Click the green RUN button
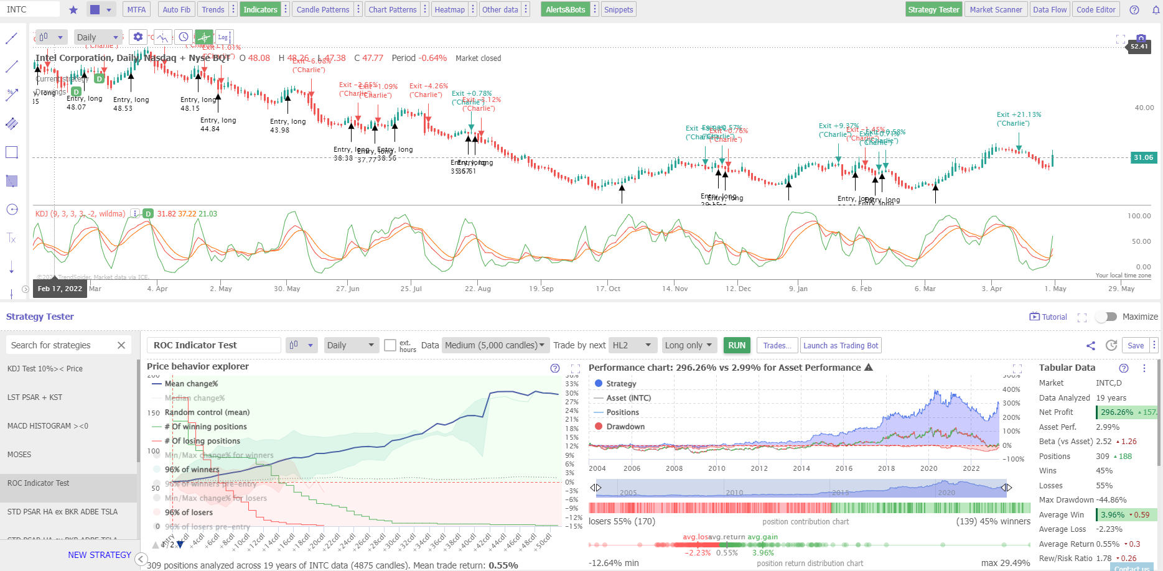point(737,345)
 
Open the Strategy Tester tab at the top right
point(933,9)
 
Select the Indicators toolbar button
point(260,9)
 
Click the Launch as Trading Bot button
point(841,345)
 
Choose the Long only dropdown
point(689,345)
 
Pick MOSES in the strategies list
point(19,455)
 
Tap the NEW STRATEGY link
point(100,555)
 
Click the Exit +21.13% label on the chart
point(1019,114)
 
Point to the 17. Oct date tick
point(608,289)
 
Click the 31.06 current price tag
point(1143,157)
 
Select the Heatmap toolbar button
point(449,9)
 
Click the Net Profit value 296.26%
point(1116,412)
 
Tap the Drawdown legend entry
point(625,427)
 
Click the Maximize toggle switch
point(1106,317)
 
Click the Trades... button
point(777,345)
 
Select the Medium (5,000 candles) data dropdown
point(495,345)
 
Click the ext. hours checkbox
point(390,345)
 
